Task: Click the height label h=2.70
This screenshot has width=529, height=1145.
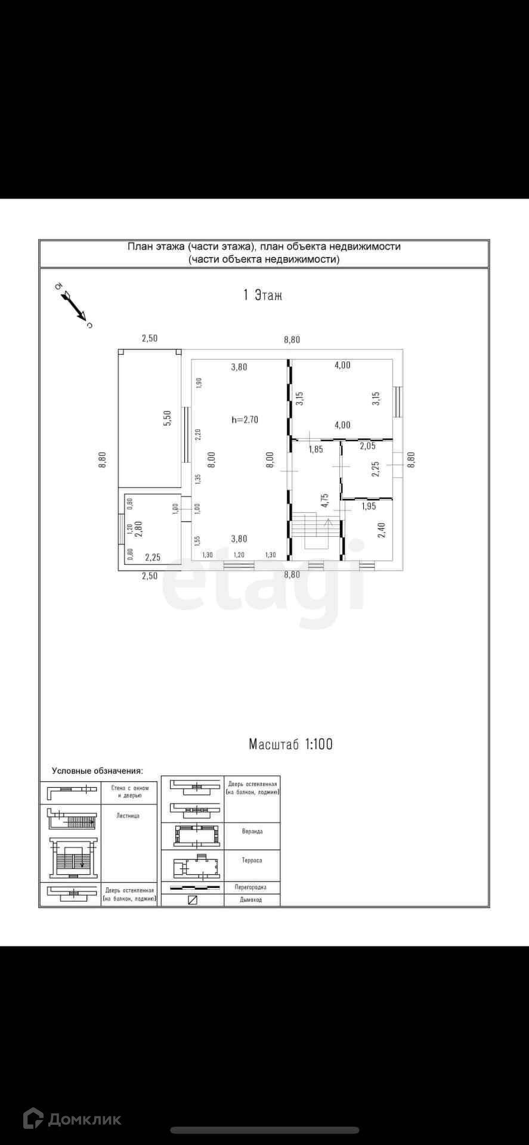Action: pos(245,419)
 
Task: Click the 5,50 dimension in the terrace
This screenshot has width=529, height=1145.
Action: pos(168,417)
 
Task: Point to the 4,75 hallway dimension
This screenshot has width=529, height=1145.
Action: pos(324,500)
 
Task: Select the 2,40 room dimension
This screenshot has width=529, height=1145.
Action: pos(382,530)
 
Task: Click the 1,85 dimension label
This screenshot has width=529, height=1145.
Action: pos(315,449)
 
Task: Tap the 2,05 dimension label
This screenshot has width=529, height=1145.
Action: pos(367,445)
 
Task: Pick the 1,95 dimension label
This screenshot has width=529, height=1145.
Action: pos(369,506)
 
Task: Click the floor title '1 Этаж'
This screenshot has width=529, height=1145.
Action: pos(263,295)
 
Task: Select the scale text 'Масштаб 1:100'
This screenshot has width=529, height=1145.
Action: pos(290,744)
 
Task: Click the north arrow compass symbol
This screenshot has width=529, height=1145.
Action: pos(75,305)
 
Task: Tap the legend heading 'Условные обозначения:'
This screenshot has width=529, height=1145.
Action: pos(97,771)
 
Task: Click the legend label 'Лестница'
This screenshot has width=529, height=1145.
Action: pos(128,815)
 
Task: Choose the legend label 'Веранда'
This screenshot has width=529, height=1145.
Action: pos(252,831)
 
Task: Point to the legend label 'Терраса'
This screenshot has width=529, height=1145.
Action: pos(252,861)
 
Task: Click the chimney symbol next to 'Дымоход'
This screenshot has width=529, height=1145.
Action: pos(192,900)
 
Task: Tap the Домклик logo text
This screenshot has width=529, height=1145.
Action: pos(84,1119)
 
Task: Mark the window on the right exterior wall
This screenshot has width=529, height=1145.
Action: pos(398,401)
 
